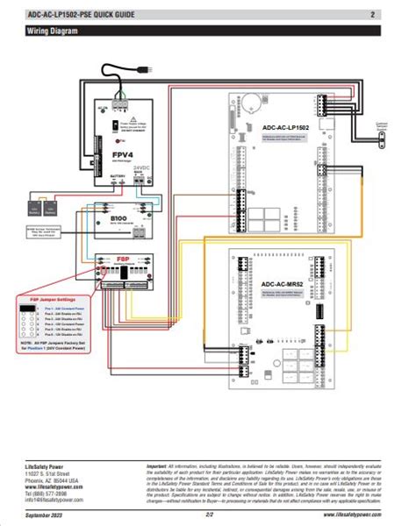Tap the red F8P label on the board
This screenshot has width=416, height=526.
tap(124, 259)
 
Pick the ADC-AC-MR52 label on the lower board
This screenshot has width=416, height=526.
tap(267, 283)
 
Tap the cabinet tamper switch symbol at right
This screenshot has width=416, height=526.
tap(383, 128)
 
